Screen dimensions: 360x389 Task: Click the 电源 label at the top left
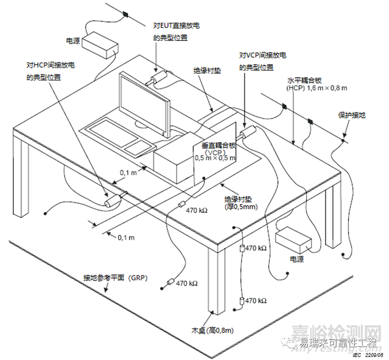pyautogui.click(x=73, y=40)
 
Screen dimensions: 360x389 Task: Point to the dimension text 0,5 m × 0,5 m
pyautogui.click(x=215, y=159)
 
